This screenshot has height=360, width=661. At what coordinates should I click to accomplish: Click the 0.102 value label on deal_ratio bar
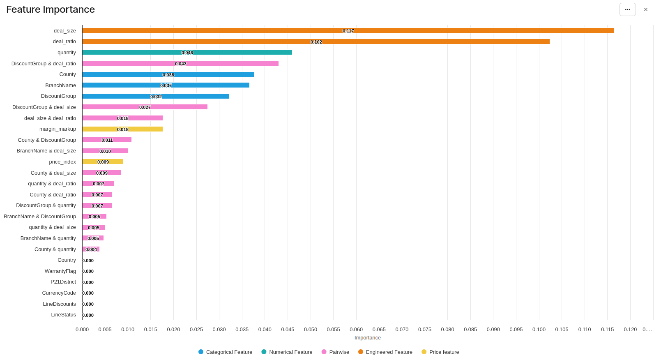(316, 42)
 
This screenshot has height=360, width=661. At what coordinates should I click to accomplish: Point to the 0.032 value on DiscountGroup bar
(156, 97)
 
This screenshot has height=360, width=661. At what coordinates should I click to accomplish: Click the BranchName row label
(60, 85)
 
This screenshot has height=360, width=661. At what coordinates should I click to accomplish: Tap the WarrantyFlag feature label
(60, 271)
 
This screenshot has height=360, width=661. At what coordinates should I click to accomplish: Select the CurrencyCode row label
(59, 293)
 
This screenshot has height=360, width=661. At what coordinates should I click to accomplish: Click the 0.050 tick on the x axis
(311, 330)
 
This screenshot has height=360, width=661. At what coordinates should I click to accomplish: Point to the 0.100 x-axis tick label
(539, 330)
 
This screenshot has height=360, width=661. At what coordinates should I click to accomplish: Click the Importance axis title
(368, 338)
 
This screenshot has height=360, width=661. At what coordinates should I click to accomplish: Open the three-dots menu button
(627, 9)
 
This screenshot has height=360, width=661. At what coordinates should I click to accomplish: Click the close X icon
(646, 9)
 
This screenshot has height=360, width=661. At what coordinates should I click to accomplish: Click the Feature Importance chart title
(51, 9)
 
